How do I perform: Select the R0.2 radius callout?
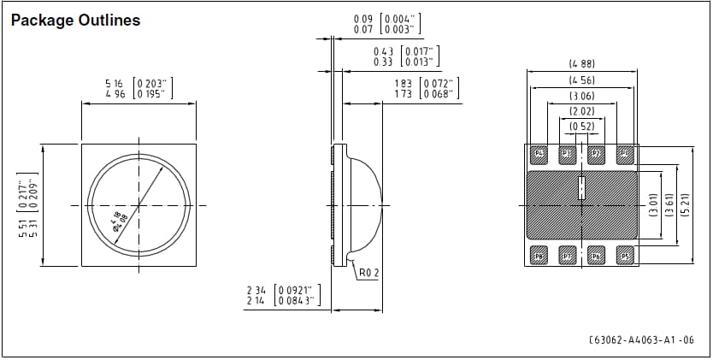coord(368,273)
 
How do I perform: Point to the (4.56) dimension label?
coord(581,80)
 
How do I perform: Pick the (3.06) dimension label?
coord(581,97)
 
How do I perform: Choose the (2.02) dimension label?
coord(581,111)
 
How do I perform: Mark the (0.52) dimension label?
coord(581,127)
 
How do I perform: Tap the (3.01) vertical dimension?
coord(654,205)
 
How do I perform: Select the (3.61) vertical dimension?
coord(672,205)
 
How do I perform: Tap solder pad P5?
coord(624,256)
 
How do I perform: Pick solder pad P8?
coord(539,256)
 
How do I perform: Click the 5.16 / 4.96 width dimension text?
coord(138,88)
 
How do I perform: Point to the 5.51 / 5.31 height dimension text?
coord(29,205)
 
